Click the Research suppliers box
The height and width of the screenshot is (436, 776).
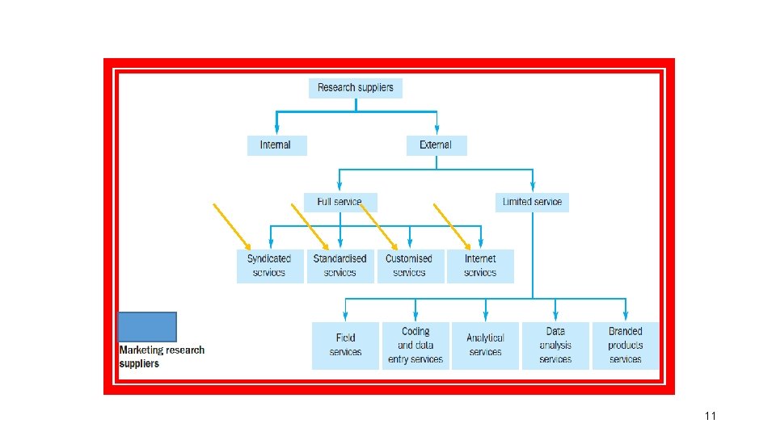[x=355, y=87]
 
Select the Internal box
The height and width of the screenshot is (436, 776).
[x=276, y=145]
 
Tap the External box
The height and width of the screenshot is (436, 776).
[x=436, y=145]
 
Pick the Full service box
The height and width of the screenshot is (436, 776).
[x=340, y=201]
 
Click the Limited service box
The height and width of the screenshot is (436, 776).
[x=532, y=201]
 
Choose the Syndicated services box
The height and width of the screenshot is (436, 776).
[x=269, y=266]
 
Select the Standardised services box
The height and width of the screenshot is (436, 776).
[x=340, y=266]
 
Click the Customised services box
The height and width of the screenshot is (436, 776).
[x=409, y=266]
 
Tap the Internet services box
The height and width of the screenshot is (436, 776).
[x=480, y=266]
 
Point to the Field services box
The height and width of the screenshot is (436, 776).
[x=345, y=345]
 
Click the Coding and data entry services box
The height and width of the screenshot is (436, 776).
[x=415, y=345]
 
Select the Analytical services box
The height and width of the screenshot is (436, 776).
[x=485, y=345]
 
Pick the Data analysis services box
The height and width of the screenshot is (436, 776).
[x=555, y=345]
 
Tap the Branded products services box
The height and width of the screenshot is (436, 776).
[x=626, y=345]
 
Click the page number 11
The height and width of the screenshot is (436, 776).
[x=711, y=416]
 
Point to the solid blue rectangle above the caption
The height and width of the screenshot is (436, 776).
[x=147, y=327]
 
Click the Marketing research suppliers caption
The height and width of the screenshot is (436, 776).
[x=162, y=357]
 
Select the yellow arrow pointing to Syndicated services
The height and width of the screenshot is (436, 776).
[x=232, y=226]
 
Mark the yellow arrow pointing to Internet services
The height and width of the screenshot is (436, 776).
[x=453, y=226]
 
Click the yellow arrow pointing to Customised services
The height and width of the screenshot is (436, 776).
[x=379, y=226]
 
